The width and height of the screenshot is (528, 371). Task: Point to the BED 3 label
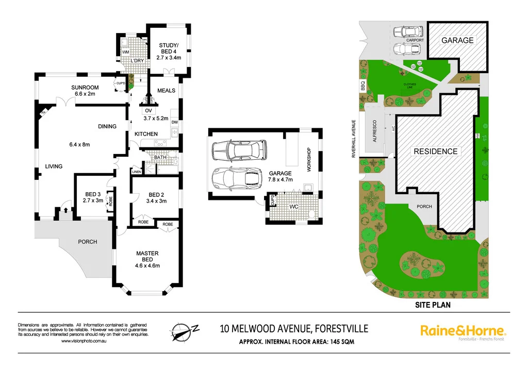pyautogui.click(x=93, y=194)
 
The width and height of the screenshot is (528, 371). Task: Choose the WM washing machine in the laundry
pyautogui.click(x=126, y=52)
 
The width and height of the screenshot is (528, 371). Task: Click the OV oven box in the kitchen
pyautogui.click(x=148, y=110)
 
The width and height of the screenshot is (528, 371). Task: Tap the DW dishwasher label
pyautogui.click(x=174, y=122)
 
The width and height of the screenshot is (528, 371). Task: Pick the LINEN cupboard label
pyautogui.click(x=137, y=172)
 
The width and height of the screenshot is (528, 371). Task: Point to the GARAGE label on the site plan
pyautogui.click(x=456, y=40)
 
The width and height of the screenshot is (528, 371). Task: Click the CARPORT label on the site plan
pyautogui.click(x=415, y=40)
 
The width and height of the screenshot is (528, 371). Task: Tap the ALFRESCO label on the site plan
pyautogui.click(x=375, y=131)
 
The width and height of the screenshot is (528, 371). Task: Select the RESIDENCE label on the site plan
pyautogui.click(x=435, y=151)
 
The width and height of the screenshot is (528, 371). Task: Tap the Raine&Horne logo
pyautogui.click(x=463, y=331)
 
